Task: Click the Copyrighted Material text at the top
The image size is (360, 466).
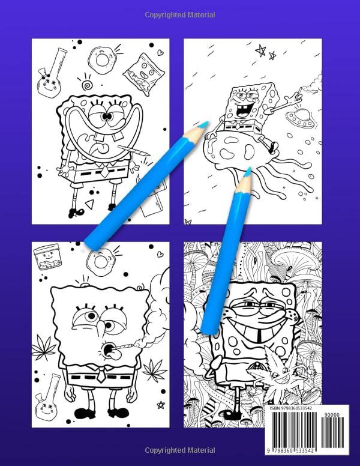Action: click(x=179, y=14)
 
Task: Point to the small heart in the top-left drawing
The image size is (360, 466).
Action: click(x=161, y=53)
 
